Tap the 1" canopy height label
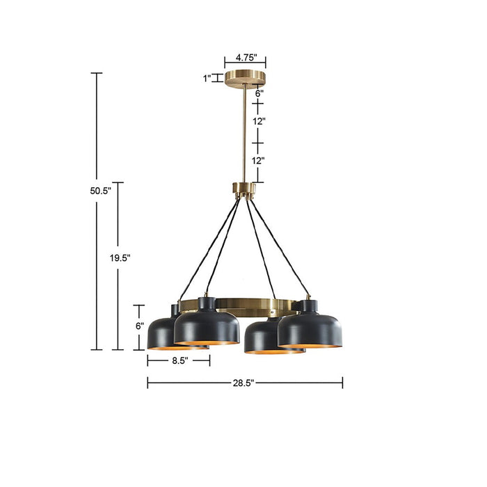pyautogui.click(x=207, y=79)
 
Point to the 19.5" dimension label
pyautogui.click(x=120, y=257)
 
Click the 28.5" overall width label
pyautogui.click(x=244, y=383)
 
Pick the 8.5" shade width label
pyautogui.click(x=178, y=361)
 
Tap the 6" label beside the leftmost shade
pyautogui.click(x=139, y=325)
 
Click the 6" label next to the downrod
pyautogui.click(x=259, y=92)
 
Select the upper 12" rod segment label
pyautogui.click(x=259, y=121)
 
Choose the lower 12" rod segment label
pyautogui.click(x=259, y=160)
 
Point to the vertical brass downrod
pyautogui.click(x=244, y=132)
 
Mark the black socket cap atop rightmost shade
pyautogui.click(x=307, y=305)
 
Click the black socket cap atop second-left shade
pyautogui.click(x=207, y=303)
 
